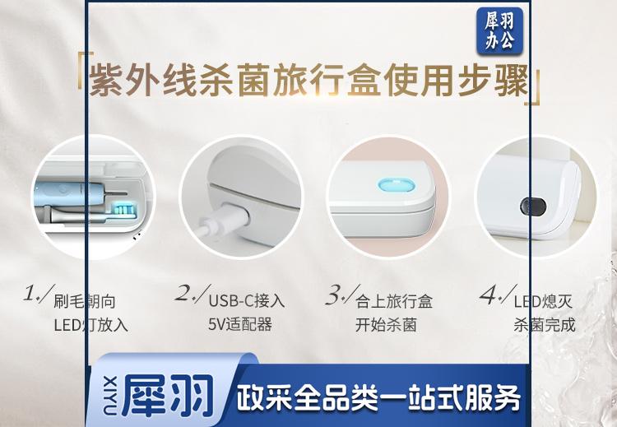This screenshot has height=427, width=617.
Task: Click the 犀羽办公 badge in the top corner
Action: pos(499,30)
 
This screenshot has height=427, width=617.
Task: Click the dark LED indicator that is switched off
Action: pos(533,207)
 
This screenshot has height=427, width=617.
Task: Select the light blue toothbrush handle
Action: pos(69,193)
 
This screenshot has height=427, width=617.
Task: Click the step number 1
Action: pos(31,294)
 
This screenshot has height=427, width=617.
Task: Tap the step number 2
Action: pos(184,293)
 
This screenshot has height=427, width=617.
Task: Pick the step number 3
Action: pos(335,295)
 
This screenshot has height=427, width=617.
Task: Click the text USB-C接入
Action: pos(246,301)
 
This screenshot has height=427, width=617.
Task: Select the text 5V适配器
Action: pos(240,324)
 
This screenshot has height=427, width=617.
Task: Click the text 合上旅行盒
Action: pos(394,301)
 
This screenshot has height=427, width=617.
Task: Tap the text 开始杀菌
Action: pos(386,325)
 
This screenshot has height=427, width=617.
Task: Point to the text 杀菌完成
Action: pos(545,325)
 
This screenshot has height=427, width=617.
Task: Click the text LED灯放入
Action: pos(90,325)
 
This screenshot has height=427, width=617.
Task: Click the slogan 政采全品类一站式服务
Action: pos(378,398)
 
